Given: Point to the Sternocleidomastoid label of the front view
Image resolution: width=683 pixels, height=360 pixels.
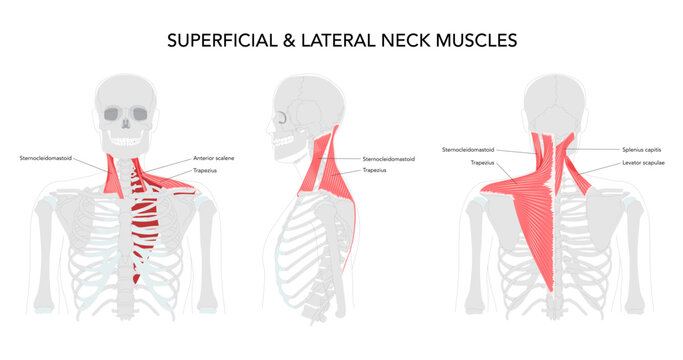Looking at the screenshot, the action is click(46, 158).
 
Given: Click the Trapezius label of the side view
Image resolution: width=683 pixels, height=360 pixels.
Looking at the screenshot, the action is click(375, 170).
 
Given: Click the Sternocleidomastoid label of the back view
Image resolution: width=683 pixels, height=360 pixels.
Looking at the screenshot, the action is click(468, 149).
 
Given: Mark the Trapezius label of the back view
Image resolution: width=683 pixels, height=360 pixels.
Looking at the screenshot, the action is click(483, 162).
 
